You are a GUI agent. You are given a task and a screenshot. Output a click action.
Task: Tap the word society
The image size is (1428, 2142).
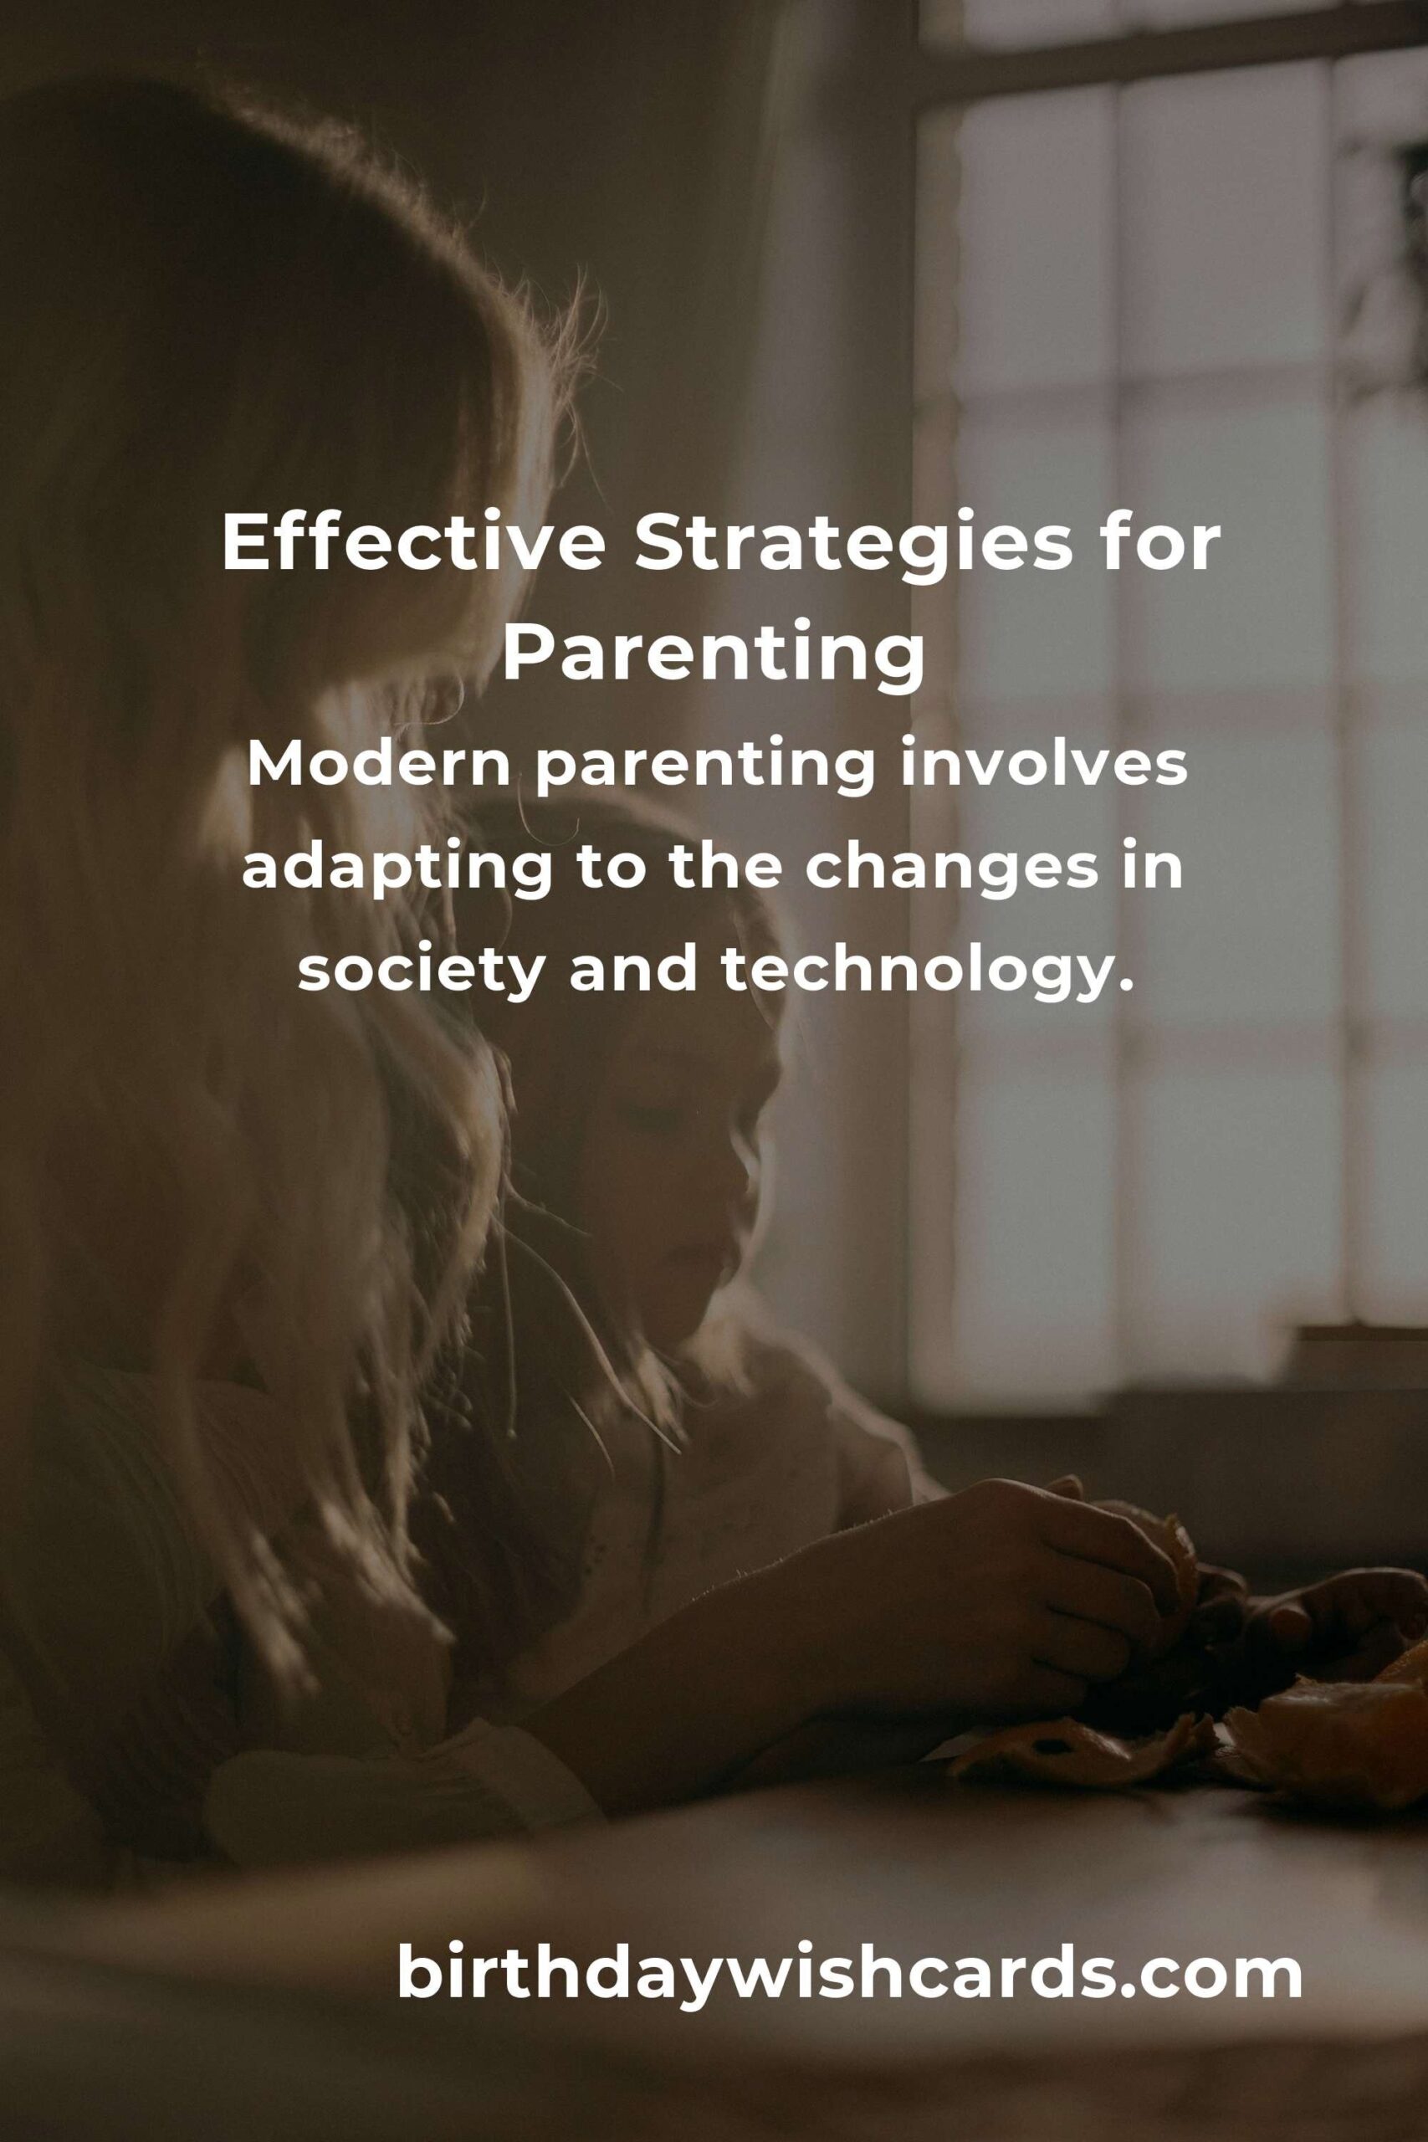(x=425, y=976)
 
